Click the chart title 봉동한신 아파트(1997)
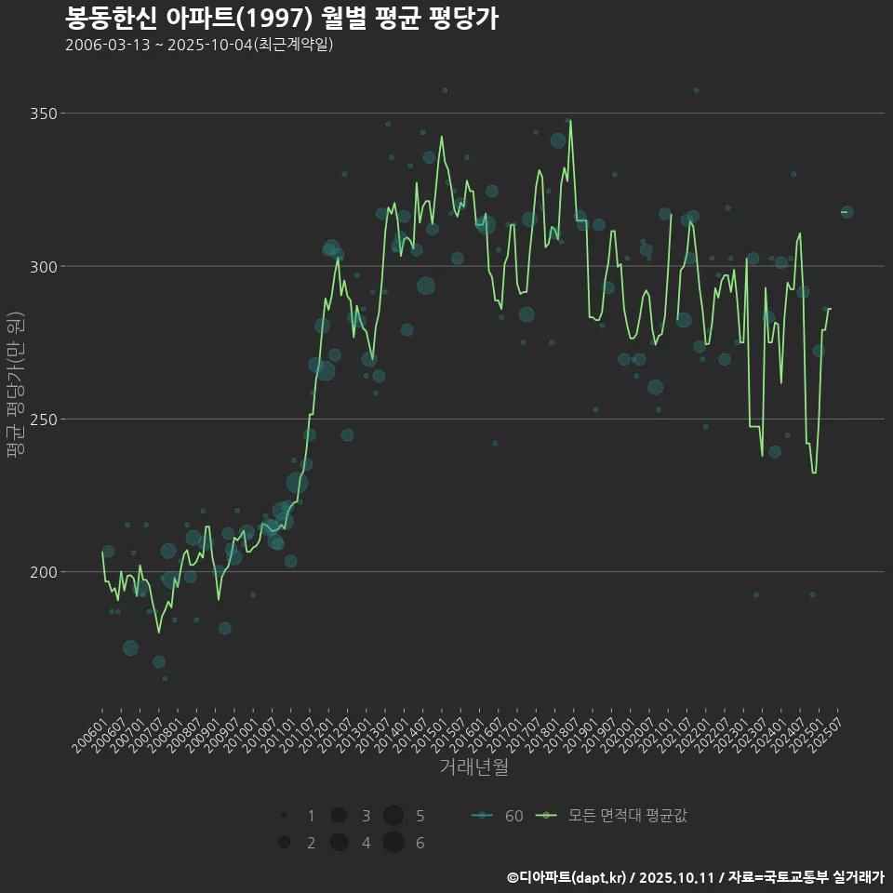(x=282, y=19)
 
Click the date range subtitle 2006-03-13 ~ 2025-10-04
(x=199, y=46)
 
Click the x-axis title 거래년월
(x=474, y=767)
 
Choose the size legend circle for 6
(x=393, y=843)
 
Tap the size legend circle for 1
(x=284, y=816)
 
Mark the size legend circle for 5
(x=393, y=816)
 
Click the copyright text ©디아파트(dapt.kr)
(x=566, y=877)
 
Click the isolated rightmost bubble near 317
(x=846, y=212)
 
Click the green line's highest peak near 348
(x=570, y=120)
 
